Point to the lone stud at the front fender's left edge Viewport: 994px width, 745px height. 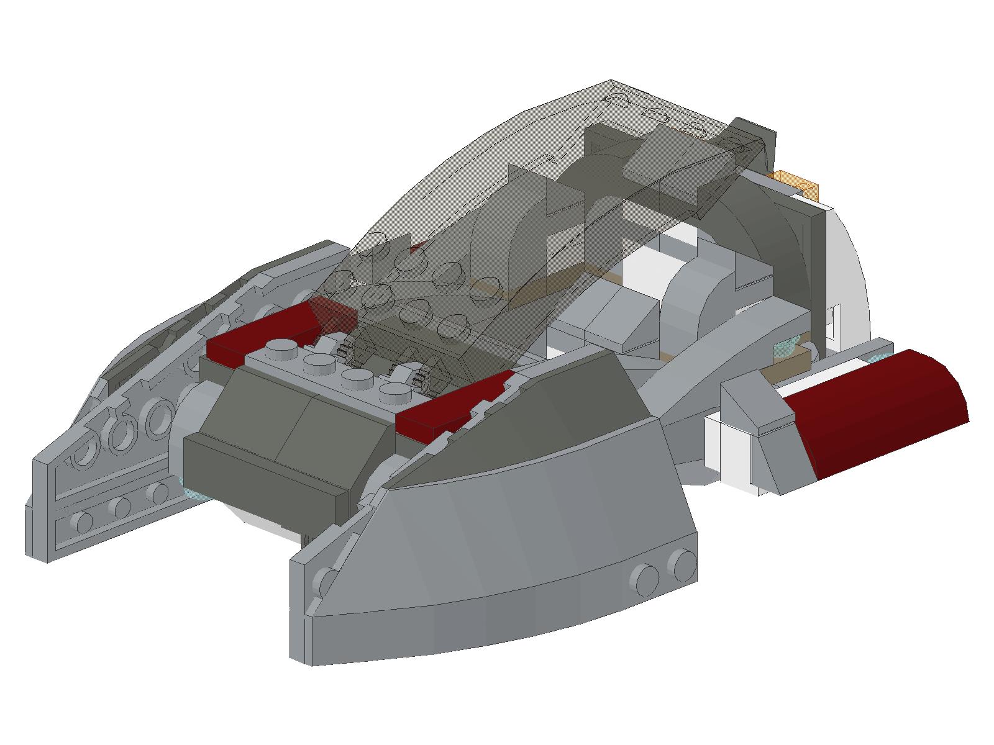pyautogui.click(x=323, y=584)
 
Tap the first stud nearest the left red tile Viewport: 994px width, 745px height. pyautogui.click(x=279, y=349)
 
